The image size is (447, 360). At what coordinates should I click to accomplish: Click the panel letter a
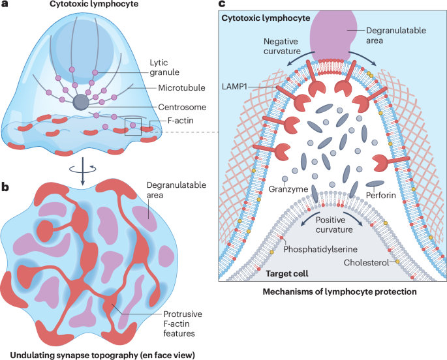[5, 7]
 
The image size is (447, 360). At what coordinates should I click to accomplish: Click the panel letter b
[5, 187]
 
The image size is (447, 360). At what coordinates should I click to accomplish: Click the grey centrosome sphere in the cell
[82, 102]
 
